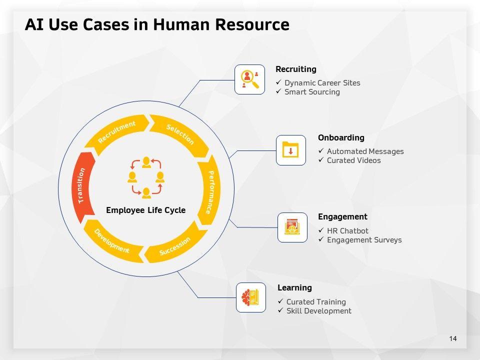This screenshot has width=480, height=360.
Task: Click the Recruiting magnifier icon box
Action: tap(249, 79)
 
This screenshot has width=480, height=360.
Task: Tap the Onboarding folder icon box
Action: tap(291, 150)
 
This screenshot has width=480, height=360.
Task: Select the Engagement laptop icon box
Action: tap(292, 227)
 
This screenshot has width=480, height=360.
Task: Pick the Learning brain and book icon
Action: tap(251, 297)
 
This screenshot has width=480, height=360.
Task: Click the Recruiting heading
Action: tap(296, 69)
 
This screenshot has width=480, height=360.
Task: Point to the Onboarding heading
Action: tap(341, 137)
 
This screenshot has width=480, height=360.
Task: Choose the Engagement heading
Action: tap(342, 216)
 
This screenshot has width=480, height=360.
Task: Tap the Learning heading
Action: tap(294, 287)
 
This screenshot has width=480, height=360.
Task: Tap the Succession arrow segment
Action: tap(175, 246)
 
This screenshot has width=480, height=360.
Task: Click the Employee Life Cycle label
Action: tap(145, 210)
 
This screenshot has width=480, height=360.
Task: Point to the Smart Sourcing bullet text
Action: tap(312, 92)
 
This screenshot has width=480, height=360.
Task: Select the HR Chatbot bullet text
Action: tap(347, 231)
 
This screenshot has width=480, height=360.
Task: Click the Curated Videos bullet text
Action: tap(353, 160)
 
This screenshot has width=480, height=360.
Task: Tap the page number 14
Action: tap(453, 339)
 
